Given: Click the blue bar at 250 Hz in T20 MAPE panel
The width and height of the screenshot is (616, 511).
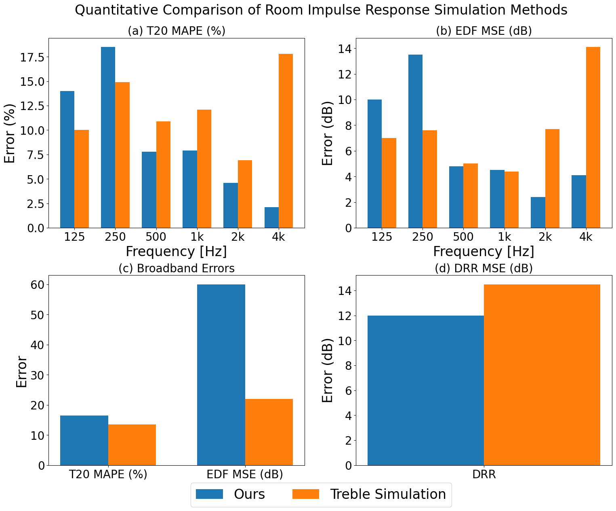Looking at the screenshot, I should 108,138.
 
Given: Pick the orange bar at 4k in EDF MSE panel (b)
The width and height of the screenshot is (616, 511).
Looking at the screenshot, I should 593,138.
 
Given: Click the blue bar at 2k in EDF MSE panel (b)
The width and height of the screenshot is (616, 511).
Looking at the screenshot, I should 538,212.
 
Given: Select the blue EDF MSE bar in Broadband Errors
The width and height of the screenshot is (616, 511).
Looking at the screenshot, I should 221,375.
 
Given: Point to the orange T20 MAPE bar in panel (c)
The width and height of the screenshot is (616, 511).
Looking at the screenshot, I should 132,445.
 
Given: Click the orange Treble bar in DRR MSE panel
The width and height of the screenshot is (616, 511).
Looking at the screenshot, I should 542,375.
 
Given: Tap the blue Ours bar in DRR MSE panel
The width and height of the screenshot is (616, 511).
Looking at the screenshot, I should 426,390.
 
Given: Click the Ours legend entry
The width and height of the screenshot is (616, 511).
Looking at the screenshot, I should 230,494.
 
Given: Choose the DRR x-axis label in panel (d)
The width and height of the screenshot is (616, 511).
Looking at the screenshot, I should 484,475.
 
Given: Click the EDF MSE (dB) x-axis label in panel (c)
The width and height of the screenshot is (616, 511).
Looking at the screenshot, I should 245,474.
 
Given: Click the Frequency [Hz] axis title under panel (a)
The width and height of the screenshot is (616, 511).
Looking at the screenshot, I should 176,252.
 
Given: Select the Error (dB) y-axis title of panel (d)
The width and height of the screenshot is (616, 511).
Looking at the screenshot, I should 328,370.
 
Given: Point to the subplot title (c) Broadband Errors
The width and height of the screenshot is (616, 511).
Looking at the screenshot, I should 176,268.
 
